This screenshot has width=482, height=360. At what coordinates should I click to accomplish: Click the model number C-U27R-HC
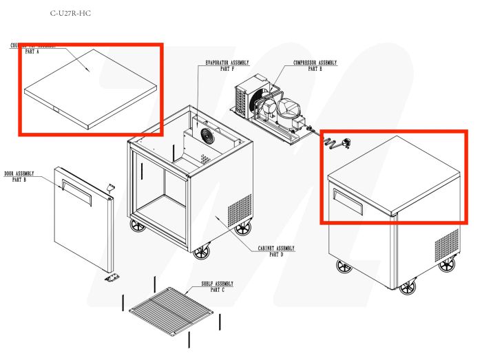click(x=70, y=14)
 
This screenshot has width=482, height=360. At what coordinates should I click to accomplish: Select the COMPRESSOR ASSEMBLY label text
click(x=315, y=63)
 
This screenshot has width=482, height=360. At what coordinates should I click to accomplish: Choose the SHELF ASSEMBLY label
click(x=217, y=284)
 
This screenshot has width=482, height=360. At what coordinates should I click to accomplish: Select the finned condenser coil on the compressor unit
click(x=243, y=100)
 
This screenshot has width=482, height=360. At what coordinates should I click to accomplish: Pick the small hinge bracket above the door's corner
click(x=108, y=186)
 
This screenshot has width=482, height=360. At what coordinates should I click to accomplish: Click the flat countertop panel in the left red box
click(x=90, y=89)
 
